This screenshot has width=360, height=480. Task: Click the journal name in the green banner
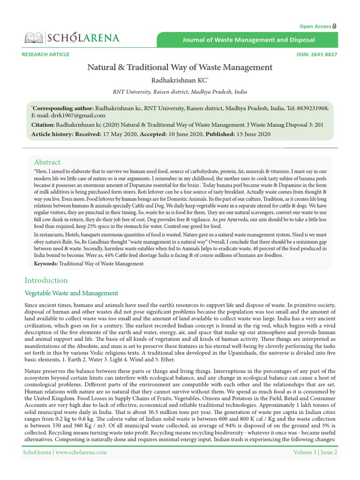click(x=248, y=40)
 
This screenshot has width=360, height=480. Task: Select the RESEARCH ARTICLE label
click(x=45, y=54)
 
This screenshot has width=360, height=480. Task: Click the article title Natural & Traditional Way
click(x=180, y=67)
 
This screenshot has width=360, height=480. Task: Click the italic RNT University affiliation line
click(x=180, y=92)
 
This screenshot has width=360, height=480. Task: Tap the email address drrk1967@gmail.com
click(x=68, y=115)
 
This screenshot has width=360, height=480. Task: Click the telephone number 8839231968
click(x=312, y=108)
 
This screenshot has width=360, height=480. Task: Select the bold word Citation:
click(x=43, y=125)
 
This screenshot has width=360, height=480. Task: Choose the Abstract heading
click(x=47, y=162)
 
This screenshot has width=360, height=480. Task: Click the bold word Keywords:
click(x=46, y=264)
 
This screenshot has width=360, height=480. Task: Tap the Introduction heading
click(x=46, y=280)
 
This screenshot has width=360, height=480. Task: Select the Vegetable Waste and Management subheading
click(x=71, y=293)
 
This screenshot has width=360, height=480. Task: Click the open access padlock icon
click(x=335, y=26)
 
